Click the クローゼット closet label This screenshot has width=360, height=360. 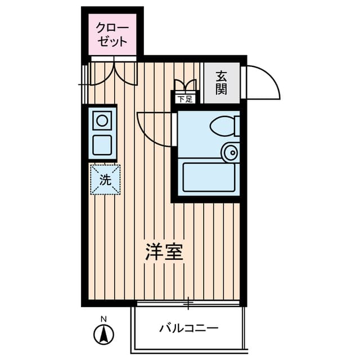tap(112, 34)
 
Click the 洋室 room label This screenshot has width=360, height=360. tap(164, 252)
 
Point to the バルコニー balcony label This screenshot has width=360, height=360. tap(188, 328)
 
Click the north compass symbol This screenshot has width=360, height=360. tap(103, 335)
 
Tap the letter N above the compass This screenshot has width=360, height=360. tap(103, 319)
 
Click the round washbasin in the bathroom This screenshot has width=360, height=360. tap(230, 151)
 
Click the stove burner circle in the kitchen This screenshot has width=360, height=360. tap(102, 120)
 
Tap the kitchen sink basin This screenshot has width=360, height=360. tap(102, 145)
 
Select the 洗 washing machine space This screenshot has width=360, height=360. tap(105, 179)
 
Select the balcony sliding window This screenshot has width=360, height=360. tap(188, 304)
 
